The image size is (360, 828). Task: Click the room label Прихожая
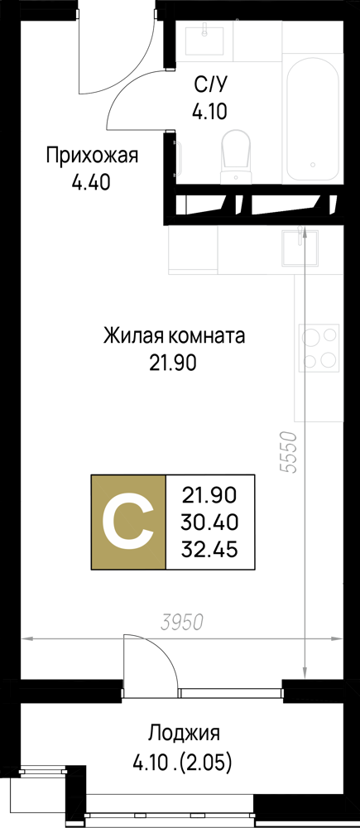(x=92, y=156)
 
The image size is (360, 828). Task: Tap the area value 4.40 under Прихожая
(x=91, y=183)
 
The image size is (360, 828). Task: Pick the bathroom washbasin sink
(x=204, y=41)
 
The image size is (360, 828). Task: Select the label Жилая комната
(x=174, y=336)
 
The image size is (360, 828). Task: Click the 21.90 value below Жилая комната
(x=173, y=363)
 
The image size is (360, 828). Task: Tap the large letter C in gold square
(x=128, y=522)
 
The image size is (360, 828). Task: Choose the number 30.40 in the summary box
(x=209, y=522)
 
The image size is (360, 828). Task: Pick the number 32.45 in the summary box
(x=209, y=551)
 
